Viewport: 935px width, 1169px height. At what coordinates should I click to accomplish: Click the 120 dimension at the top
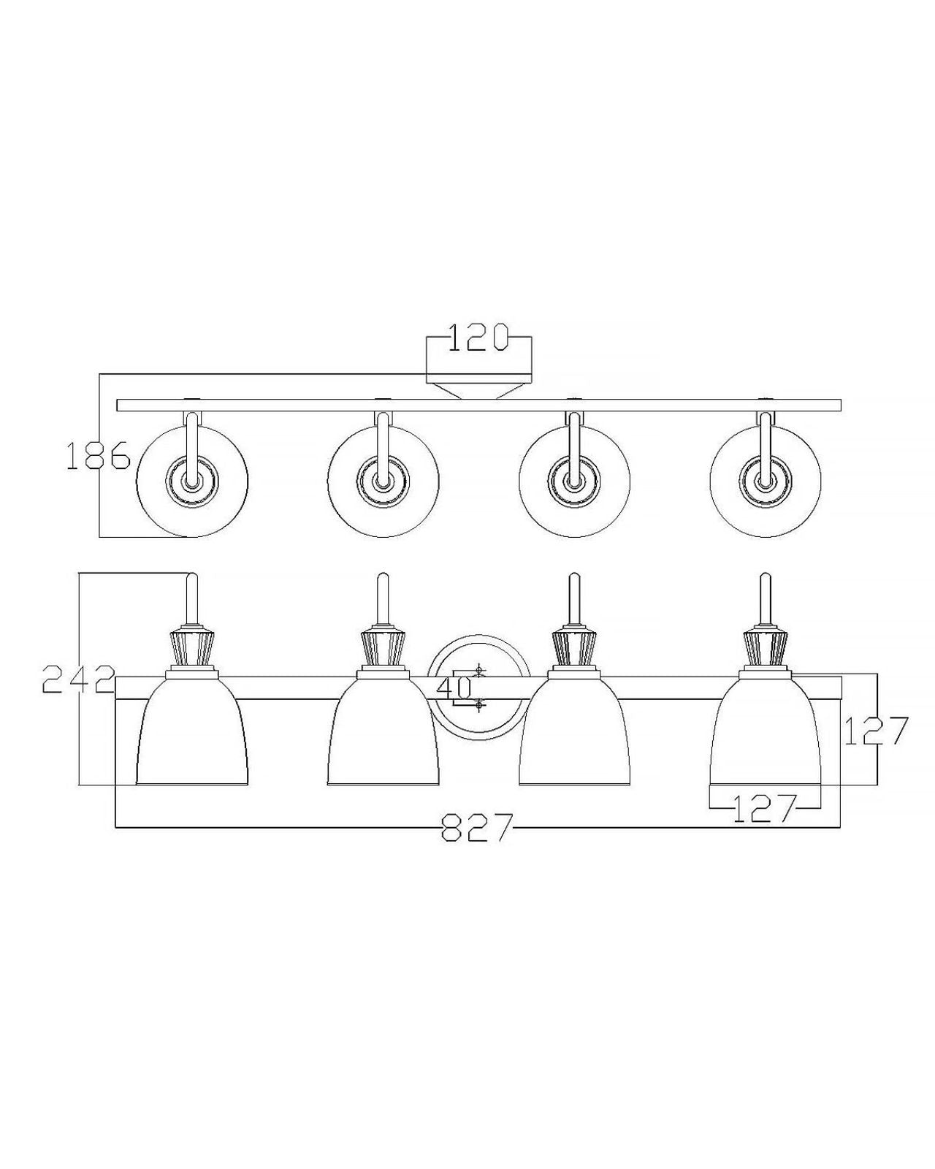tap(478, 338)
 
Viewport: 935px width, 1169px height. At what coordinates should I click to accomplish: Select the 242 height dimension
tap(78, 679)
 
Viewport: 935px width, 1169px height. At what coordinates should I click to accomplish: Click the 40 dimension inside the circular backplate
tap(454, 689)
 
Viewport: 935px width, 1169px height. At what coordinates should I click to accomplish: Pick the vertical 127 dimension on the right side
tap(876, 731)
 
